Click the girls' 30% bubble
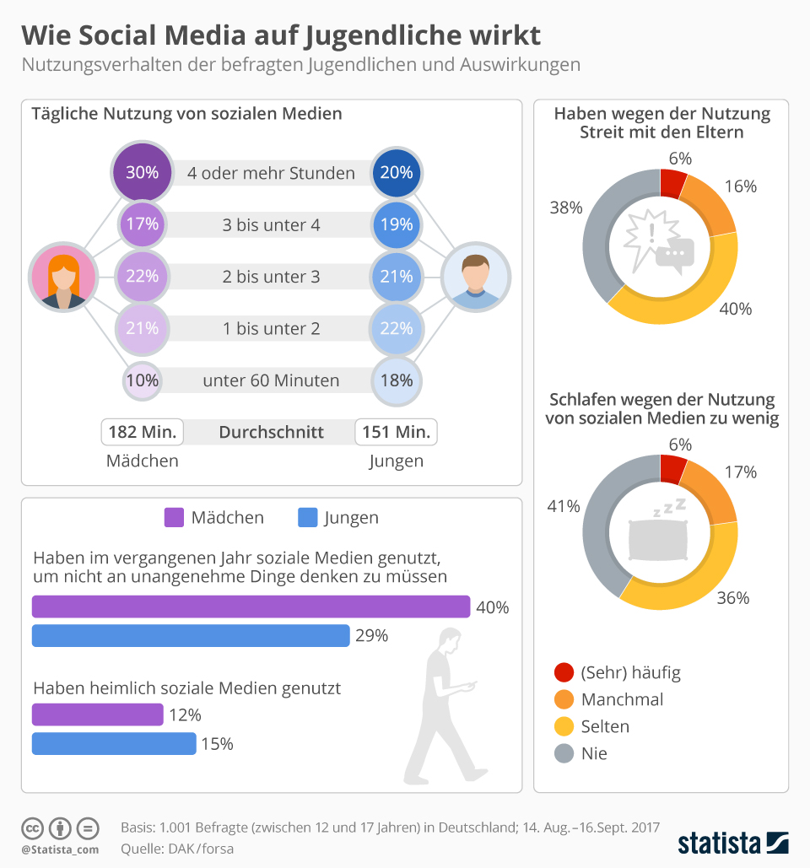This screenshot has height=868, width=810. [142, 173]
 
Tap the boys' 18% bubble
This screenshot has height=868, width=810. [396, 380]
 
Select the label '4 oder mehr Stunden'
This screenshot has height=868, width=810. [271, 174]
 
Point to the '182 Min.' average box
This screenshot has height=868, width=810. [143, 433]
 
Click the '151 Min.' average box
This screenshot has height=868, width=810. [396, 433]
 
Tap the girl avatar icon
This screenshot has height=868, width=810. [62, 278]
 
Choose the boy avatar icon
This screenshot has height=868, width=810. [476, 278]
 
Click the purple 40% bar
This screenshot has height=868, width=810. [251, 607]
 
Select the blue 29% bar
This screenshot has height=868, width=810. [191, 636]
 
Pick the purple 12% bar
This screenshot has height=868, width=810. [97, 714]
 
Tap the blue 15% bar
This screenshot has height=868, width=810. [114, 744]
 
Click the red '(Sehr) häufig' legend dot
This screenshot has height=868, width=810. [564, 672]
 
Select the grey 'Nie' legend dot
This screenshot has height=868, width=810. [564, 753]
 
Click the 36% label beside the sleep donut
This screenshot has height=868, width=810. [732, 597]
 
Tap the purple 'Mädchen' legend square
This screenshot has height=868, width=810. [174, 517]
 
